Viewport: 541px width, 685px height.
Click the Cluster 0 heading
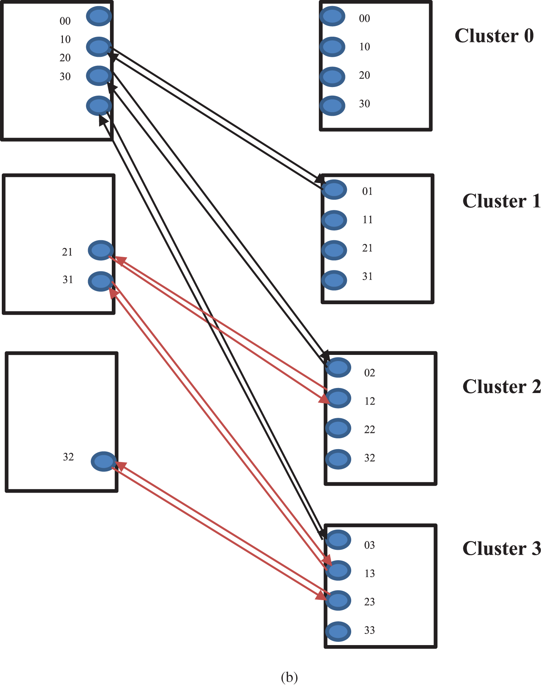pos(494,36)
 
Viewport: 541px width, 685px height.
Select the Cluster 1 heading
pos(501,201)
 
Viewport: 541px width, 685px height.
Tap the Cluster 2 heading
pos(501,387)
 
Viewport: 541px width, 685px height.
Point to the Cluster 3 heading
pos(501,549)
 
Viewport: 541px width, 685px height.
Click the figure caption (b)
pos(289,677)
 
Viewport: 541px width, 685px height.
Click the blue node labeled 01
pos(334,189)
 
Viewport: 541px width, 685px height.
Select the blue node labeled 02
pos(338,367)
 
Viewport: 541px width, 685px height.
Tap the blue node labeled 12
pos(338,398)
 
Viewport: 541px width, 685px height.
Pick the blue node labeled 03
pos(338,540)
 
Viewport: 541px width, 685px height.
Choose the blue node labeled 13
pos(338,570)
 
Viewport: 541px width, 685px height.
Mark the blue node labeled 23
pos(338,600)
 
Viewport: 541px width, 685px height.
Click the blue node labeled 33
pos(338,631)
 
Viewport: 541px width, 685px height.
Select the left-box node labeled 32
pos(104,461)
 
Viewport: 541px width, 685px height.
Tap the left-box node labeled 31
pos(101,281)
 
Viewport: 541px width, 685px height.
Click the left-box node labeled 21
pos(101,250)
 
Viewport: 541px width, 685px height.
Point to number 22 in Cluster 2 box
pos(370,430)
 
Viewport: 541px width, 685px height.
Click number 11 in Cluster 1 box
pos(367,220)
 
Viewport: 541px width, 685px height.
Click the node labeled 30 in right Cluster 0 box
pos(332,106)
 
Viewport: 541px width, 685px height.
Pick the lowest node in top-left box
pos(99,106)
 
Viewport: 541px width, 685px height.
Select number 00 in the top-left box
pos(65,21)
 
